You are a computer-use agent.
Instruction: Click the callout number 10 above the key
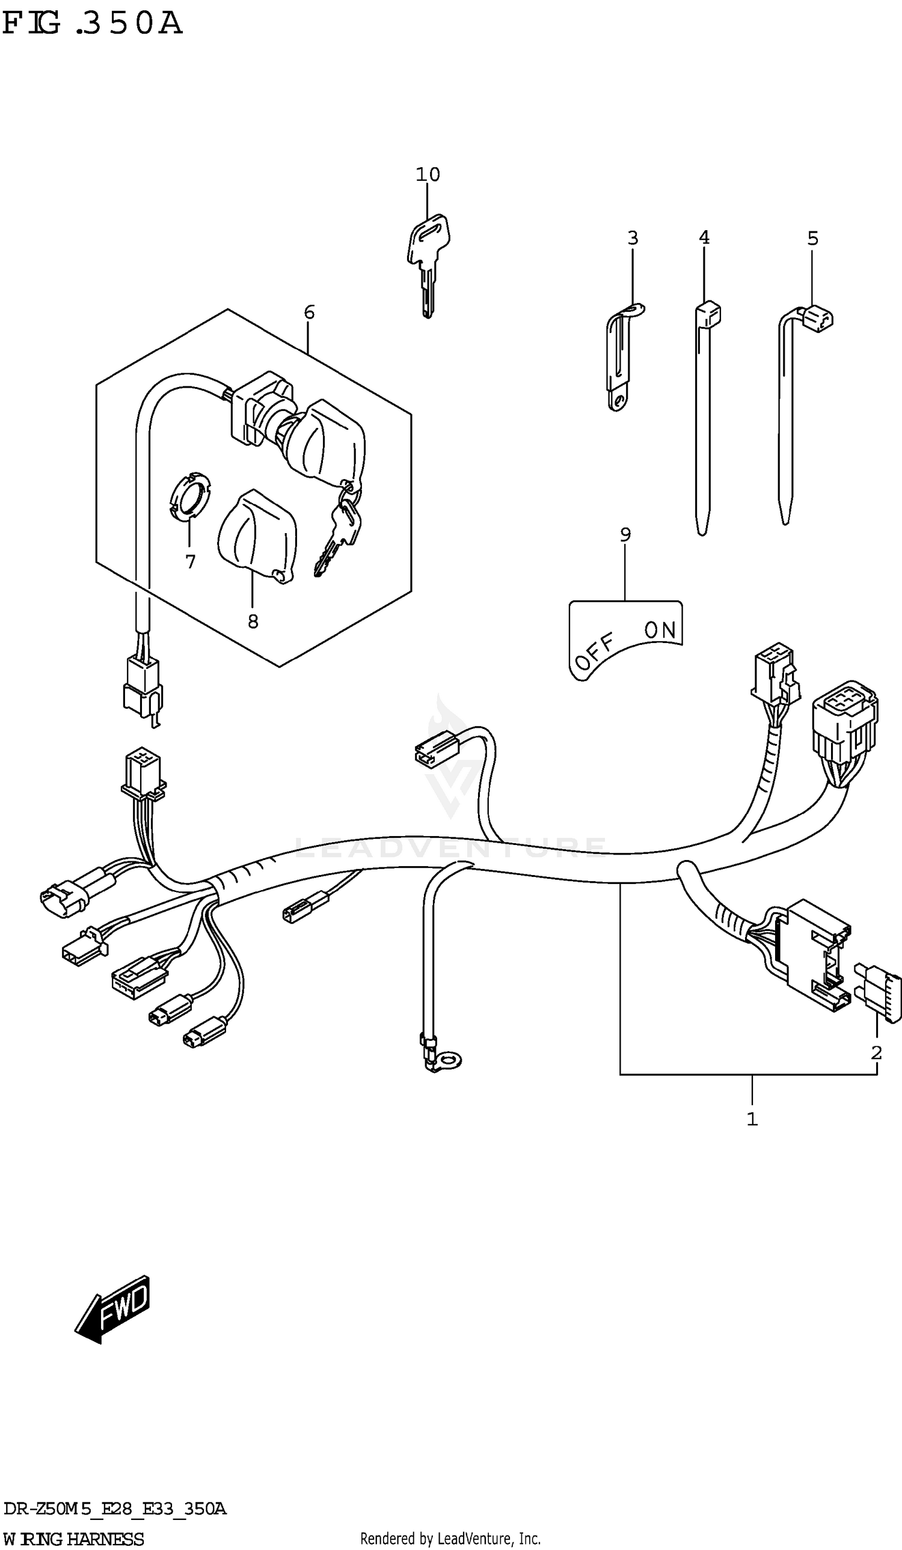(428, 175)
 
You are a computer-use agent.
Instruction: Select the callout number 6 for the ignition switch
(309, 313)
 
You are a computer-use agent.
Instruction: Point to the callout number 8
(253, 622)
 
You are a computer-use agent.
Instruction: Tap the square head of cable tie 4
(709, 314)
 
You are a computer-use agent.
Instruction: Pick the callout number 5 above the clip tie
(812, 238)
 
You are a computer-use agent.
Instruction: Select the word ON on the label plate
(660, 629)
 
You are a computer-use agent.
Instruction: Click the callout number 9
(625, 535)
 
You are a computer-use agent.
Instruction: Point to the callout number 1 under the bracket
(752, 1119)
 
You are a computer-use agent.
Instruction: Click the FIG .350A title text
(92, 23)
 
